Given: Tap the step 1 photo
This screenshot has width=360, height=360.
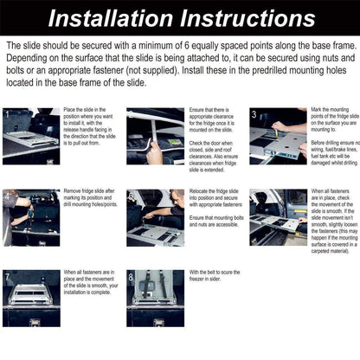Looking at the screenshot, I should (31, 136).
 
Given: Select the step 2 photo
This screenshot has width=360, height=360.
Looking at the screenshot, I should (155, 136).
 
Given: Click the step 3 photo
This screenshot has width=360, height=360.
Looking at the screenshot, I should (278, 136).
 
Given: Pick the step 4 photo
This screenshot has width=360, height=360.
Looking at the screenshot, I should (31, 217).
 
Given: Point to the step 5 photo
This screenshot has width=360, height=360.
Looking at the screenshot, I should (155, 217).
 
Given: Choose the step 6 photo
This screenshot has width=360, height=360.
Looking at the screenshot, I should (278, 217).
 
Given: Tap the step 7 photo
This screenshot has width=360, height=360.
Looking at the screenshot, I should (31, 298).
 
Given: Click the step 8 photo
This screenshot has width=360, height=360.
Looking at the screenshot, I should (155, 298).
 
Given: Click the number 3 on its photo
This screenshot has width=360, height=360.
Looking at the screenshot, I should (254, 114).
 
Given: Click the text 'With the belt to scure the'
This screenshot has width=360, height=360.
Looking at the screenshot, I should (212, 275).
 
